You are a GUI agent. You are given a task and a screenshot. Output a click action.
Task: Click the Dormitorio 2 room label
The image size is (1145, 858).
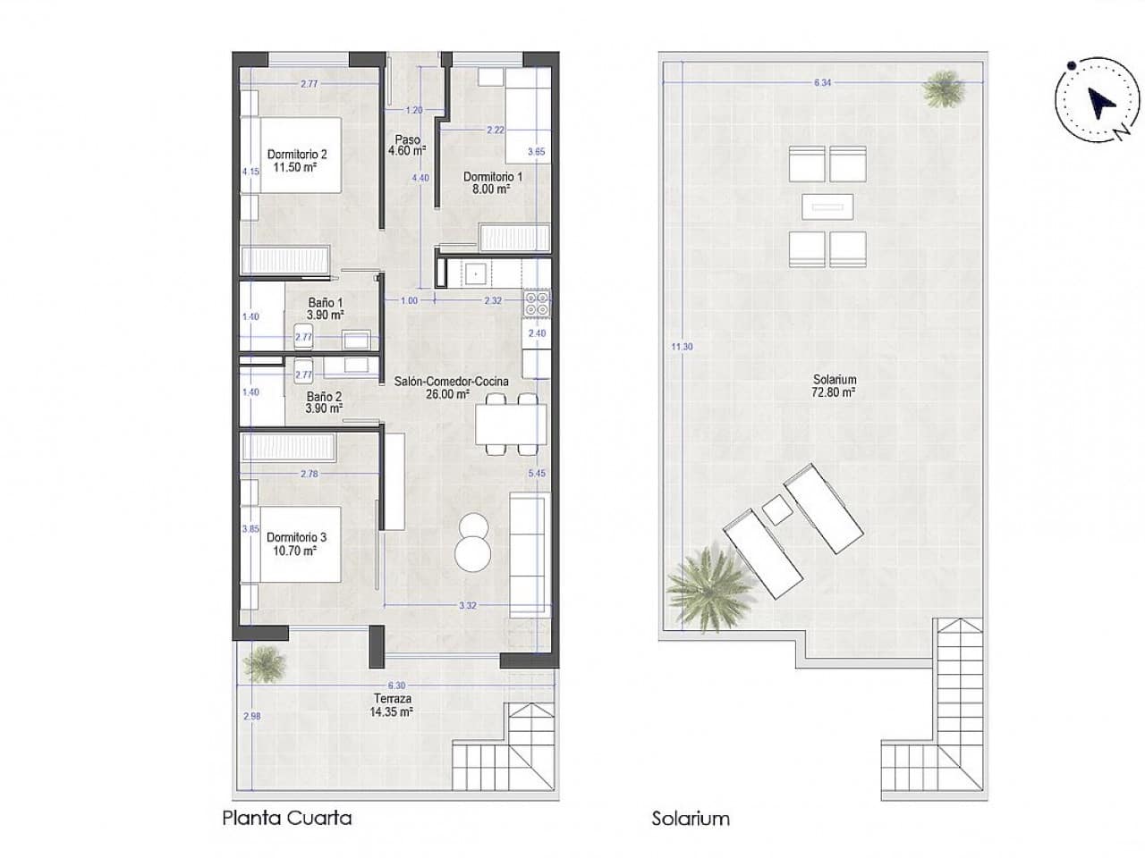pyautogui.click(x=292, y=160)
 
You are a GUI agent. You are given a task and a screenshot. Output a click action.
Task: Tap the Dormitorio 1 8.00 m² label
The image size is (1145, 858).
pyautogui.click(x=487, y=182)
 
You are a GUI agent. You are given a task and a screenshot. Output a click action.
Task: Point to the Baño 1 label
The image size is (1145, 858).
pyautogui.click(x=326, y=308)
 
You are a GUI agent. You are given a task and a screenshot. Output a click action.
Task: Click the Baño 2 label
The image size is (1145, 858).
pyautogui.click(x=325, y=402)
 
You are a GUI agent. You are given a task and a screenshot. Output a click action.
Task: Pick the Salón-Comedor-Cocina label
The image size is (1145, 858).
pyautogui.click(x=451, y=387)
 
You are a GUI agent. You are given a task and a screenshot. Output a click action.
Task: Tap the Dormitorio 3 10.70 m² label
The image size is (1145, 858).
pyautogui.click(x=296, y=543)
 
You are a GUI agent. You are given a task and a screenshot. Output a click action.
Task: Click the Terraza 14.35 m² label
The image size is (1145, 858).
pyautogui.click(x=394, y=705)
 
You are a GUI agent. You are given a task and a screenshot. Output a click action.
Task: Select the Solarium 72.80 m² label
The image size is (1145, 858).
pyautogui.click(x=835, y=385)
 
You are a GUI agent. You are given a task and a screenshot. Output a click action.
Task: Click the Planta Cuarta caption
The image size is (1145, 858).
pyautogui.click(x=286, y=817)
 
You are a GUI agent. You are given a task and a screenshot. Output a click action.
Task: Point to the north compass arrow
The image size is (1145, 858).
pyautogui.click(x=1098, y=104)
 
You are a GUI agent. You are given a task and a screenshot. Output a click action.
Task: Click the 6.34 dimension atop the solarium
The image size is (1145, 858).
pyautogui.click(x=822, y=82)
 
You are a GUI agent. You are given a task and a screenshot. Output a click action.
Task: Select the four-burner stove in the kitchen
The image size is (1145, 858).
pyautogui.click(x=538, y=304)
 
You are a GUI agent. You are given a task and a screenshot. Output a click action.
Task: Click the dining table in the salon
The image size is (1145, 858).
pyautogui.click(x=511, y=425)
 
